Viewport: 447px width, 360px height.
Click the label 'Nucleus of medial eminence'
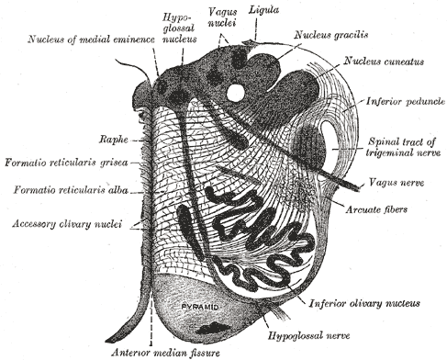[91, 39]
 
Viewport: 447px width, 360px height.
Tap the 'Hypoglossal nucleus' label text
[179, 28]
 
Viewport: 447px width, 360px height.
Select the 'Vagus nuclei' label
[222, 17]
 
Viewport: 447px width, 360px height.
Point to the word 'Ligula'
[263, 10]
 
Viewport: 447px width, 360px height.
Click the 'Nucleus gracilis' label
[331, 35]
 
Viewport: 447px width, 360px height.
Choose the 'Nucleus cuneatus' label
[384, 62]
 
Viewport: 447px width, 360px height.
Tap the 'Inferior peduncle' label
[406, 101]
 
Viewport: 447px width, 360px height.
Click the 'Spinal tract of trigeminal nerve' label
[403, 147]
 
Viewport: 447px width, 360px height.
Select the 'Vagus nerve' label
[397, 183]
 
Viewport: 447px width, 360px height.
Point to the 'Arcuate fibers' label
[376, 209]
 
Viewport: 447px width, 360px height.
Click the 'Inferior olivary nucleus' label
[364, 303]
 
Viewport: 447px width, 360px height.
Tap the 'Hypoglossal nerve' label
[308, 336]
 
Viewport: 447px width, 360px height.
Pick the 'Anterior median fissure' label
[165, 353]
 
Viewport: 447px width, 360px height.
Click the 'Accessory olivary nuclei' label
[67, 224]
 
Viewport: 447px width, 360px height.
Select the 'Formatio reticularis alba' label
[71, 190]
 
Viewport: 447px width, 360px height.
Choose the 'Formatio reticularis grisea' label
[66, 163]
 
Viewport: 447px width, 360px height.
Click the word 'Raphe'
[113, 140]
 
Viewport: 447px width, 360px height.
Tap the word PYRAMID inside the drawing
[200, 307]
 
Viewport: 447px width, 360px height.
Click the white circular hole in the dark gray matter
[236, 91]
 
